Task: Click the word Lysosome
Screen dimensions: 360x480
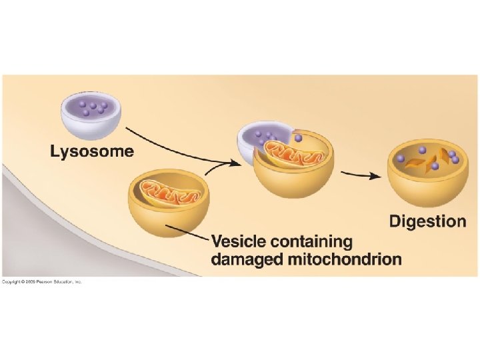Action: [x=92, y=152]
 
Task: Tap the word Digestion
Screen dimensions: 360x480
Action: [x=427, y=221]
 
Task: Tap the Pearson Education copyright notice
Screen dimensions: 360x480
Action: [x=41, y=282]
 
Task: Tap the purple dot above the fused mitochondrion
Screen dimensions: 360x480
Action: [x=298, y=139]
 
